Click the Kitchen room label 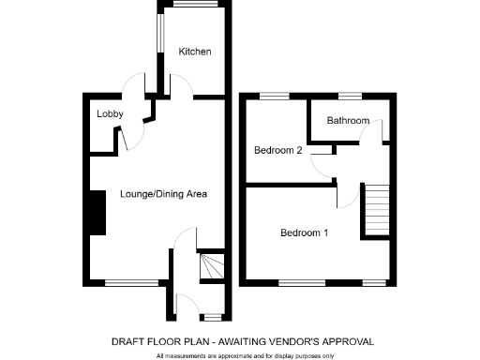[x=195, y=52]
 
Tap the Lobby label [x=110, y=113]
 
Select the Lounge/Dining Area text [x=163, y=194]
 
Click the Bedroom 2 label [x=277, y=150]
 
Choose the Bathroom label [x=348, y=120]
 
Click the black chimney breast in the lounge [x=95, y=215]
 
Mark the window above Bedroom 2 [x=274, y=96]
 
